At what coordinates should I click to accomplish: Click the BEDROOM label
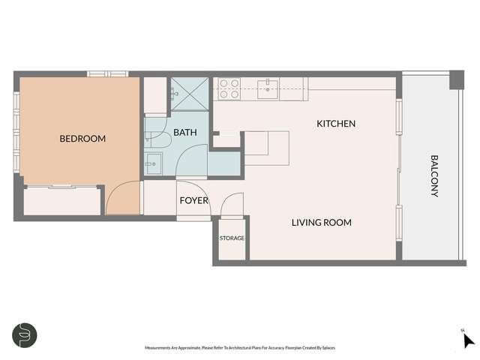(82, 139)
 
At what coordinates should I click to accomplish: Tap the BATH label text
(185, 133)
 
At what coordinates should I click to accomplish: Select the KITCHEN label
(335, 124)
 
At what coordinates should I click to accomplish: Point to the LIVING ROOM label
(321, 223)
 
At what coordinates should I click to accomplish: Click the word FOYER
(193, 201)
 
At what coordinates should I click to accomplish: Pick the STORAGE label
(232, 238)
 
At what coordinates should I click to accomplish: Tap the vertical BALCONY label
(433, 176)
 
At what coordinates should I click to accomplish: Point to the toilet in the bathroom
(155, 136)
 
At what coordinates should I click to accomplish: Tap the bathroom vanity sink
(153, 163)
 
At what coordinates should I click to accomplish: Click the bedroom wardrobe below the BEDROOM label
(62, 201)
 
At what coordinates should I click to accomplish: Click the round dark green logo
(25, 334)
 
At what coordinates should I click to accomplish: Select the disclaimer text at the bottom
(241, 348)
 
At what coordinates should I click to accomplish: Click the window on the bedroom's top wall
(107, 73)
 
